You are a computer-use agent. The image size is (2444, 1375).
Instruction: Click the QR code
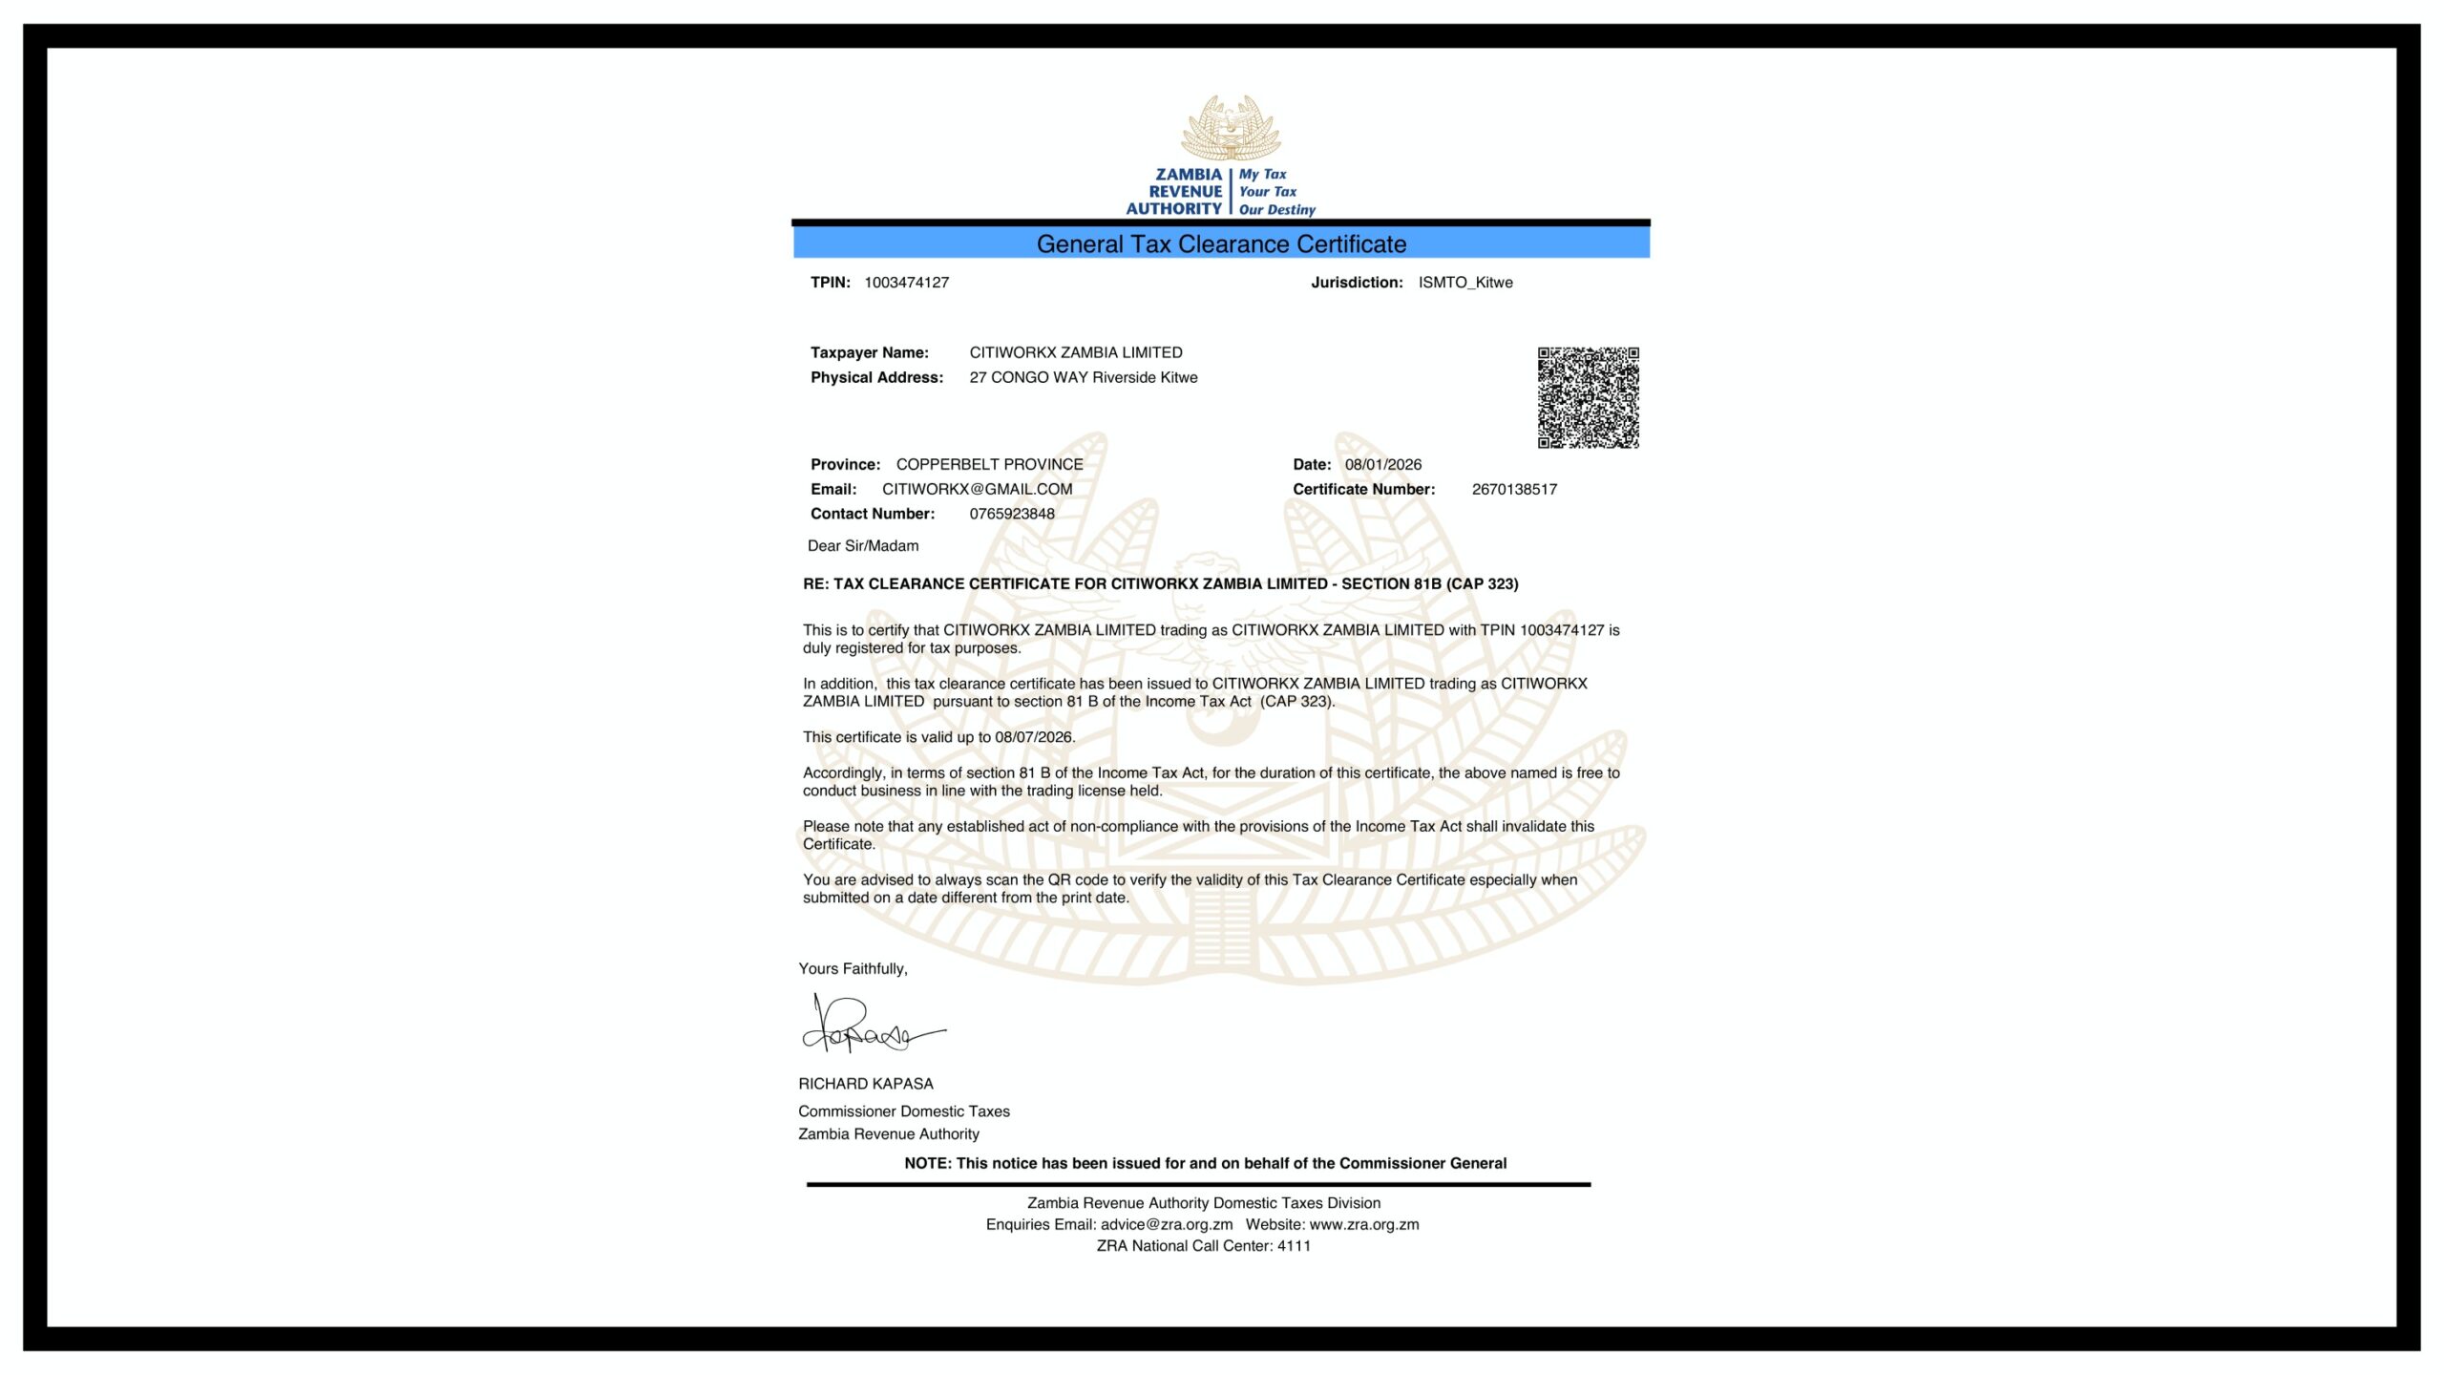(1588, 397)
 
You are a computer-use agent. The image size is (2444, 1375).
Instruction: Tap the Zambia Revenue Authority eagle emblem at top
(1231, 128)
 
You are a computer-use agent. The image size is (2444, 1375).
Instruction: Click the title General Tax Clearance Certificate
(1221, 244)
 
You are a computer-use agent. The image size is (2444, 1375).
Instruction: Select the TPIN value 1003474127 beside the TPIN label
(906, 283)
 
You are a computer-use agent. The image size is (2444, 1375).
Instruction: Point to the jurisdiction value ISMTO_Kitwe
(1464, 283)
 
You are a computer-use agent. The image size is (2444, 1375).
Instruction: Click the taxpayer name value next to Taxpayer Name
(1075, 352)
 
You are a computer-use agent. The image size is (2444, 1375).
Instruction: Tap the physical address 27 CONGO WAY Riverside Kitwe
(1083, 377)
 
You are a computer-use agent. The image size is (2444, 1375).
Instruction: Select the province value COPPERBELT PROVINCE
(989, 464)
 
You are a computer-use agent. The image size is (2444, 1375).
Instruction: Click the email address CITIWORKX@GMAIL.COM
(977, 489)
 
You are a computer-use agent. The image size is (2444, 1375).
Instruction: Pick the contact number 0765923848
(1012, 514)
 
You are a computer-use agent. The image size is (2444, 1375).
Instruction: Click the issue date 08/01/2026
(1382, 464)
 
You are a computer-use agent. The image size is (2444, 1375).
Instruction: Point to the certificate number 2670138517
(1514, 489)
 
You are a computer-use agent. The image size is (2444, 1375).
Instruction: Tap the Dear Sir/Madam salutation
(863, 546)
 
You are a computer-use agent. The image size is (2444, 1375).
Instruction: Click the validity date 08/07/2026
(1034, 737)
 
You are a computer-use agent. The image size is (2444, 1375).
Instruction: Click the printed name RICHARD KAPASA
(866, 1084)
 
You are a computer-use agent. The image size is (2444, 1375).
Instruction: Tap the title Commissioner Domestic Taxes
(904, 1111)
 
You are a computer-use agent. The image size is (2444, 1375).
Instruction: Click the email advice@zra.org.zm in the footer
(1167, 1224)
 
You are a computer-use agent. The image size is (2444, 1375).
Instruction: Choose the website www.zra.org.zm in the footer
(1363, 1224)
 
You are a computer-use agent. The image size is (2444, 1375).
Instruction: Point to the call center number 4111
(1294, 1246)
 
